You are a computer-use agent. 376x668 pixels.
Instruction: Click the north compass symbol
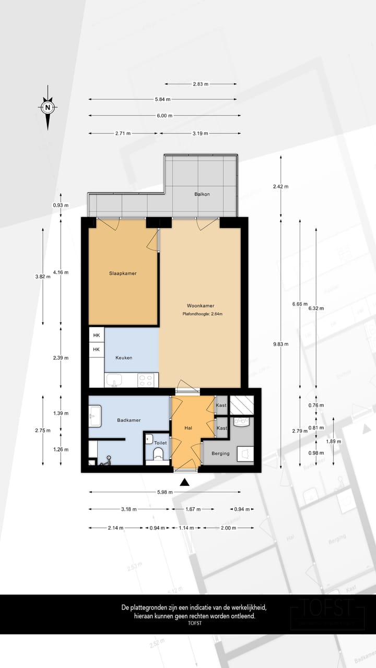click(x=48, y=108)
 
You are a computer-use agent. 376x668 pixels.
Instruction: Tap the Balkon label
click(x=202, y=194)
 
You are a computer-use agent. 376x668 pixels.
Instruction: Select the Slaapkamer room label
click(x=123, y=273)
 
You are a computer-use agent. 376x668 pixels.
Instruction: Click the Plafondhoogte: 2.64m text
click(x=202, y=314)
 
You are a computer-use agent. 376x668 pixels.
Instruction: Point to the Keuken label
click(x=124, y=357)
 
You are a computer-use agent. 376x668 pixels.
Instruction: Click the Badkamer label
click(x=128, y=420)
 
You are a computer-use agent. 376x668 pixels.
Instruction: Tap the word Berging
click(x=220, y=454)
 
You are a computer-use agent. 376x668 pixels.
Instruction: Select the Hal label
click(x=189, y=428)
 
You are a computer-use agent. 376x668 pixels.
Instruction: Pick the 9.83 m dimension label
click(x=280, y=344)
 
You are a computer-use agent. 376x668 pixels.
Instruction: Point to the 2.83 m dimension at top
click(x=201, y=83)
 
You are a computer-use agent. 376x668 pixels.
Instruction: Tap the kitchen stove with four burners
click(x=148, y=380)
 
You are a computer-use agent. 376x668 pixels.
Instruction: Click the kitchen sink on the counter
click(x=114, y=381)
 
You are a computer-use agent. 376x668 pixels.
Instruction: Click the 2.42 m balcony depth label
click(x=280, y=186)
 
